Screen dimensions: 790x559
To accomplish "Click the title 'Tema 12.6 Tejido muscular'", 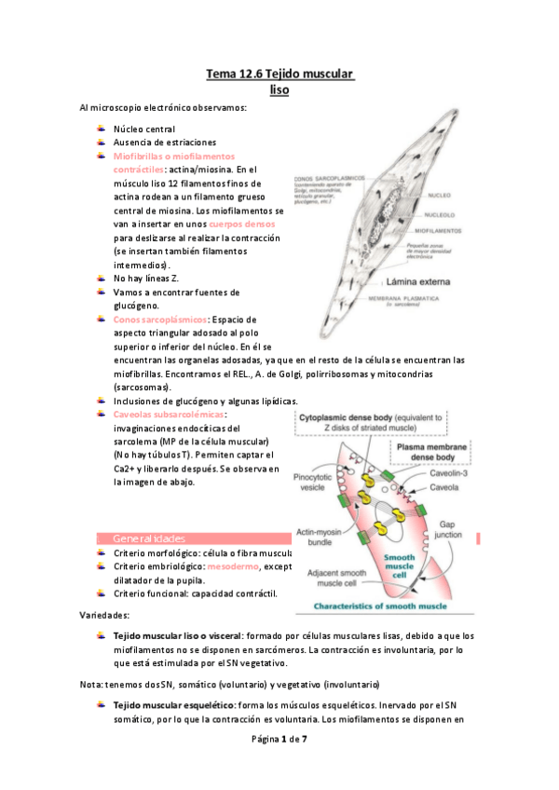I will (x=279, y=74).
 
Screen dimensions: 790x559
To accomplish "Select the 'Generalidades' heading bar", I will (x=186, y=538).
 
